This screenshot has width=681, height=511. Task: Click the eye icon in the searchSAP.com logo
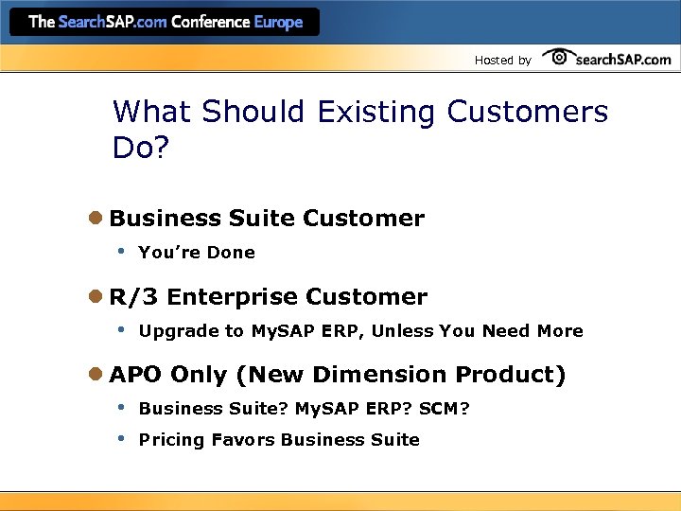(x=559, y=58)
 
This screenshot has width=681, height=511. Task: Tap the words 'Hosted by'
(x=502, y=61)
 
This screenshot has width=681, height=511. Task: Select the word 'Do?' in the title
(x=139, y=147)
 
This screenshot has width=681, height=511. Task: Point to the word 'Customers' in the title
(x=527, y=112)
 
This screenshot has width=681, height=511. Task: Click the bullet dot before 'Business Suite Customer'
(x=96, y=219)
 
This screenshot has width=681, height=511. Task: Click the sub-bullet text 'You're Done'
(x=197, y=253)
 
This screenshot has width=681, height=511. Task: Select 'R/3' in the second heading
(x=134, y=297)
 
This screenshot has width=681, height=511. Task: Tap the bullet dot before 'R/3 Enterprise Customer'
(x=96, y=297)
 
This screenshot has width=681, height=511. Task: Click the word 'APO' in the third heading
(x=135, y=375)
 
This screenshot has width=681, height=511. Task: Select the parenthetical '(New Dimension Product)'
(x=401, y=375)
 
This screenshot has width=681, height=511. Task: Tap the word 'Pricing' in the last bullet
(x=171, y=440)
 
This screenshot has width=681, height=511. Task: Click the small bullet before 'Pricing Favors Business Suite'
(x=120, y=439)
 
